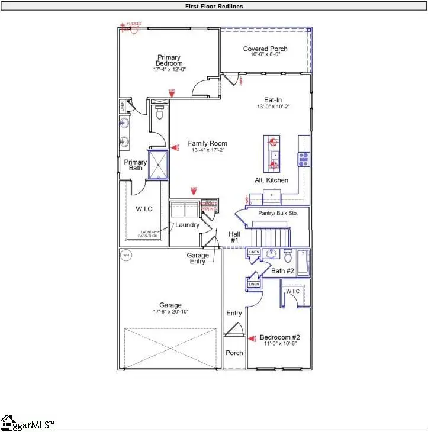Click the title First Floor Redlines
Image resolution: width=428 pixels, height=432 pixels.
pyautogui.click(x=214, y=7)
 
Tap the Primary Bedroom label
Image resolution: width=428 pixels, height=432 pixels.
pyautogui.click(x=169, y=60)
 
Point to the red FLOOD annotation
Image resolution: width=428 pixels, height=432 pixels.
pyautogui.click(x=133, y=24)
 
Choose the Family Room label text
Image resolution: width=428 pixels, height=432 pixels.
pyautogui.click(x=207, y=144)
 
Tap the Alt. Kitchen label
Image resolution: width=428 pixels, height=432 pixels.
pyautogui.click(x=272, y=180)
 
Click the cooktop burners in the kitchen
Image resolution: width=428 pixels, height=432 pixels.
pyautogui.click(x=304, y=159)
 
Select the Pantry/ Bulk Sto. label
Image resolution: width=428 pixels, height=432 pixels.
pyautogui.click(x=278, y=212)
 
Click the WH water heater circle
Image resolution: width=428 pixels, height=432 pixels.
pyautogui.click(x=125, y=255)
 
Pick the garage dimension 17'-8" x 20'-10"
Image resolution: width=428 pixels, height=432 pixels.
pyautogui.click(x=170, y=311)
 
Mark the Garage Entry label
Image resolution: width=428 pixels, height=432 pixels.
pyautogui.click(x=198, y=259)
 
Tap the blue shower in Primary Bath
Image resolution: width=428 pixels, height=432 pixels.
pyautogui.click(x=158, y=165)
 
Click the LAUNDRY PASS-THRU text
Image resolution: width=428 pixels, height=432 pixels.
pyautogui.click(x=152, y=234)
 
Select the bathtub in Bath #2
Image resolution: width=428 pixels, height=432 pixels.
pyautogui.click(x=303, y=263)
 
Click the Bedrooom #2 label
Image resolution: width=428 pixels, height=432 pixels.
pyautogui.click(x=279, y=338)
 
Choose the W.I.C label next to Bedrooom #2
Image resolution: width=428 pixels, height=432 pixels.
pyautogui.click(x=293, y=292)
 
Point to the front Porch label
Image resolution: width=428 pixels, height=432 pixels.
pyautogui.click(x=234, y=353)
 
